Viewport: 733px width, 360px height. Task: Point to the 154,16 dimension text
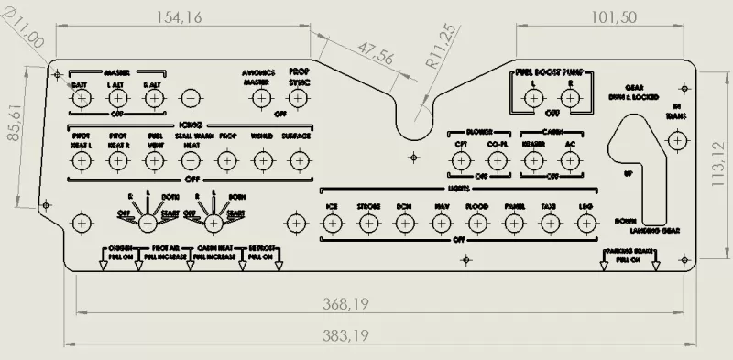point(181,16)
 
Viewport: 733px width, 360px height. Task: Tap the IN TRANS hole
point(677,140)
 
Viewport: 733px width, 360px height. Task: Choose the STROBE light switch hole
point(369,222)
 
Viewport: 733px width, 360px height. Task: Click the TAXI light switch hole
point(549,222)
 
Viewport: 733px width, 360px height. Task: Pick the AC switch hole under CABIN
point(570,160)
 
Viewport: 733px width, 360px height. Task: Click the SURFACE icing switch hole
point(296,160)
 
